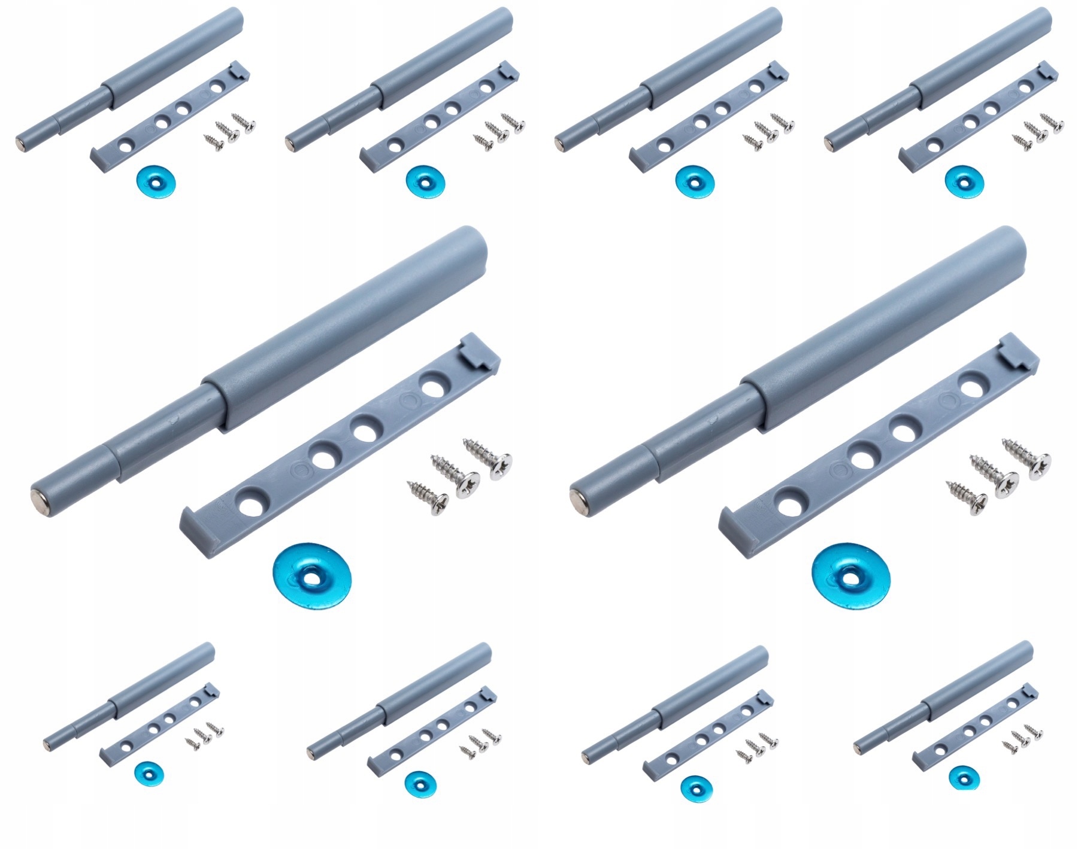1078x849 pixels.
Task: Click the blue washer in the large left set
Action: tap(311, 575)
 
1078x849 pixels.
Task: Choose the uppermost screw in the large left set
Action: tap(487, 458)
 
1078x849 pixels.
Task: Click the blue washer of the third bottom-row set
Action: tap(694, 784)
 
